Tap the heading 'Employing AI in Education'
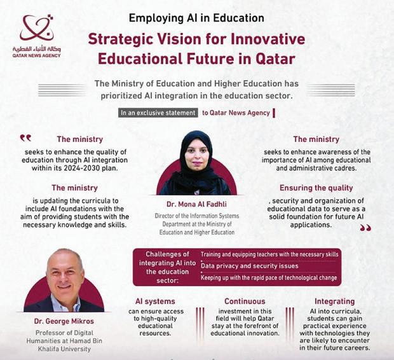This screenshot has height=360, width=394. [196, 17]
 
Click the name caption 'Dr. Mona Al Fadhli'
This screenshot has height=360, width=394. [196, 205]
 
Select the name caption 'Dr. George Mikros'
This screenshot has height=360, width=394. [64, 321]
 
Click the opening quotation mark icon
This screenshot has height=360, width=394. [25, 137]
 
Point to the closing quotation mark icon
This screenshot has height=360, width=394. [365, 227]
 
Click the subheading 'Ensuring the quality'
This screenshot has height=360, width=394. [316, 188]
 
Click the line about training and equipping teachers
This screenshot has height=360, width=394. [269, 254]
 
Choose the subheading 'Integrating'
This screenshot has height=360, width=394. [334, 301]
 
